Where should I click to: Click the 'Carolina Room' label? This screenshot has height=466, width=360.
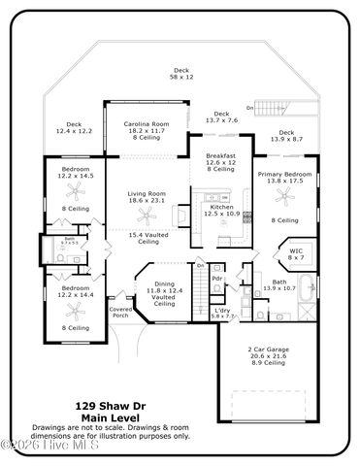(x=148, y=124)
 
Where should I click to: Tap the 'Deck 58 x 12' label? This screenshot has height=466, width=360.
(x=180, y=73)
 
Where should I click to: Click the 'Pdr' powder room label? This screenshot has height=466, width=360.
(x=217, y=278)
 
